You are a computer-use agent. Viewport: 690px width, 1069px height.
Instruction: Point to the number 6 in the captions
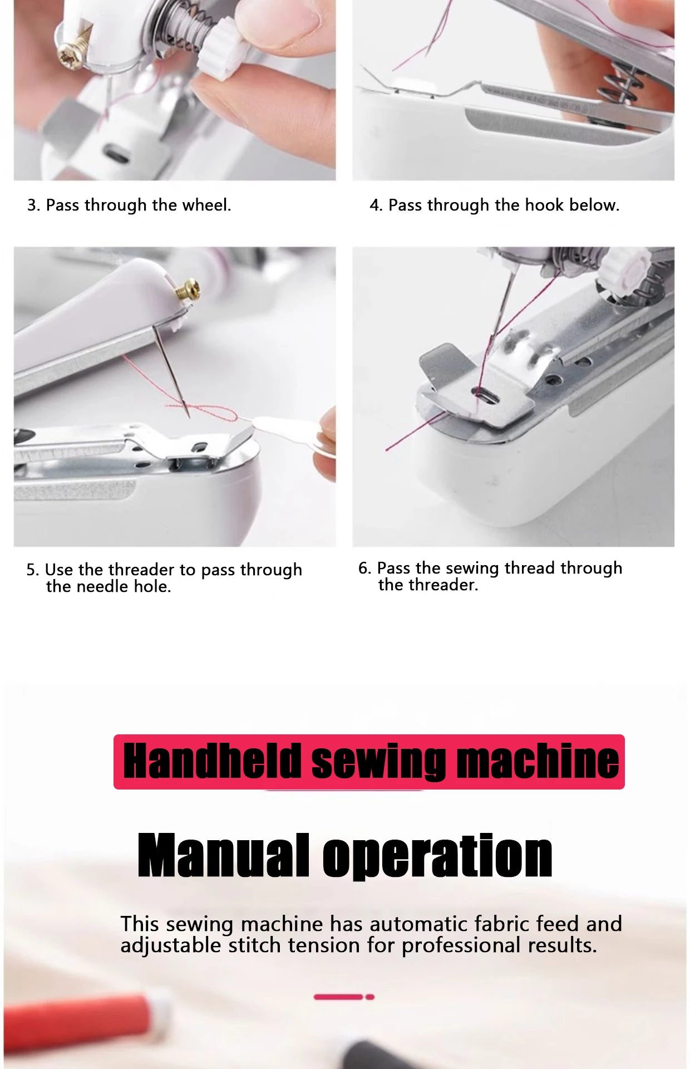[x=364, y=568]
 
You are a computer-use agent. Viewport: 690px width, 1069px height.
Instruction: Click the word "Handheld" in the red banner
[x=212, y=761]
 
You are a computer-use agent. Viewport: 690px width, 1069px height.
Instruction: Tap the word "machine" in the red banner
[x=538, y=761]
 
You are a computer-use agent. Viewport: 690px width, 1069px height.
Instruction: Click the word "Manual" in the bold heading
[x=224, y=855]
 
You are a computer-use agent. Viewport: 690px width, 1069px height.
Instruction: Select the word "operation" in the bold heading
[x=437, y=857]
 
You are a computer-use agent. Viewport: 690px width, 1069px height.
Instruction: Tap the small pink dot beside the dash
[x=370, y=997]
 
